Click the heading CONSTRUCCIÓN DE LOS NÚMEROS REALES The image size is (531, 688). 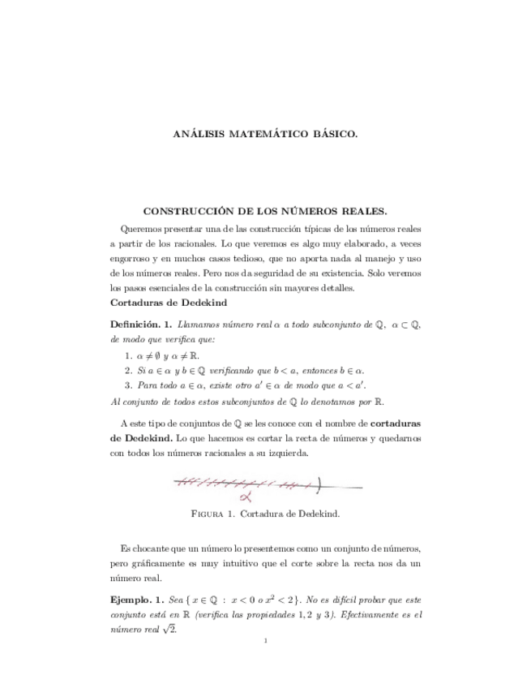(265, 211)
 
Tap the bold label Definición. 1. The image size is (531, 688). (140, 325)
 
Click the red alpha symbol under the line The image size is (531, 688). (245, 498)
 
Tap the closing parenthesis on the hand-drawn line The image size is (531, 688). (319, 486)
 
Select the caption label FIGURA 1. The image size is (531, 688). (216, 514)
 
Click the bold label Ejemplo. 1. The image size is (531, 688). (136, 600)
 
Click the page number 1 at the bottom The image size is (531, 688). (265, 642)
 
